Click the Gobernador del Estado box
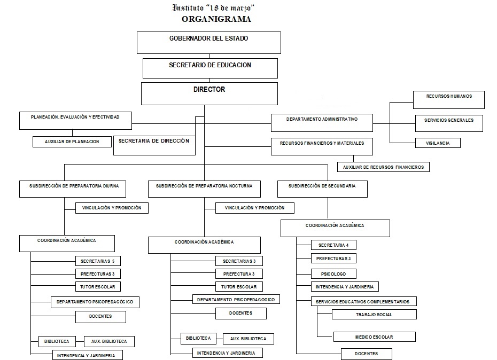209,42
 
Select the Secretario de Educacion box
210,68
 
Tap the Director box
209,93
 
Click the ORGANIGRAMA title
216,19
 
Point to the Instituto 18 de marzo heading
213,7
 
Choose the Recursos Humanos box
449,99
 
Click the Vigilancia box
438,143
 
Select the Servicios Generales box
449,123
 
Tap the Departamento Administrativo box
322,122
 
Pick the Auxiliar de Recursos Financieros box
383,167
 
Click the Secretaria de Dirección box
154,145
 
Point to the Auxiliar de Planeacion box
73,142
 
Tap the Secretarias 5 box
98,261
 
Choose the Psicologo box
333,273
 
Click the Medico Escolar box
374,336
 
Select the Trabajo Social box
374,314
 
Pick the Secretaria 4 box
333,245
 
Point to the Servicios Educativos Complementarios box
363,301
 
